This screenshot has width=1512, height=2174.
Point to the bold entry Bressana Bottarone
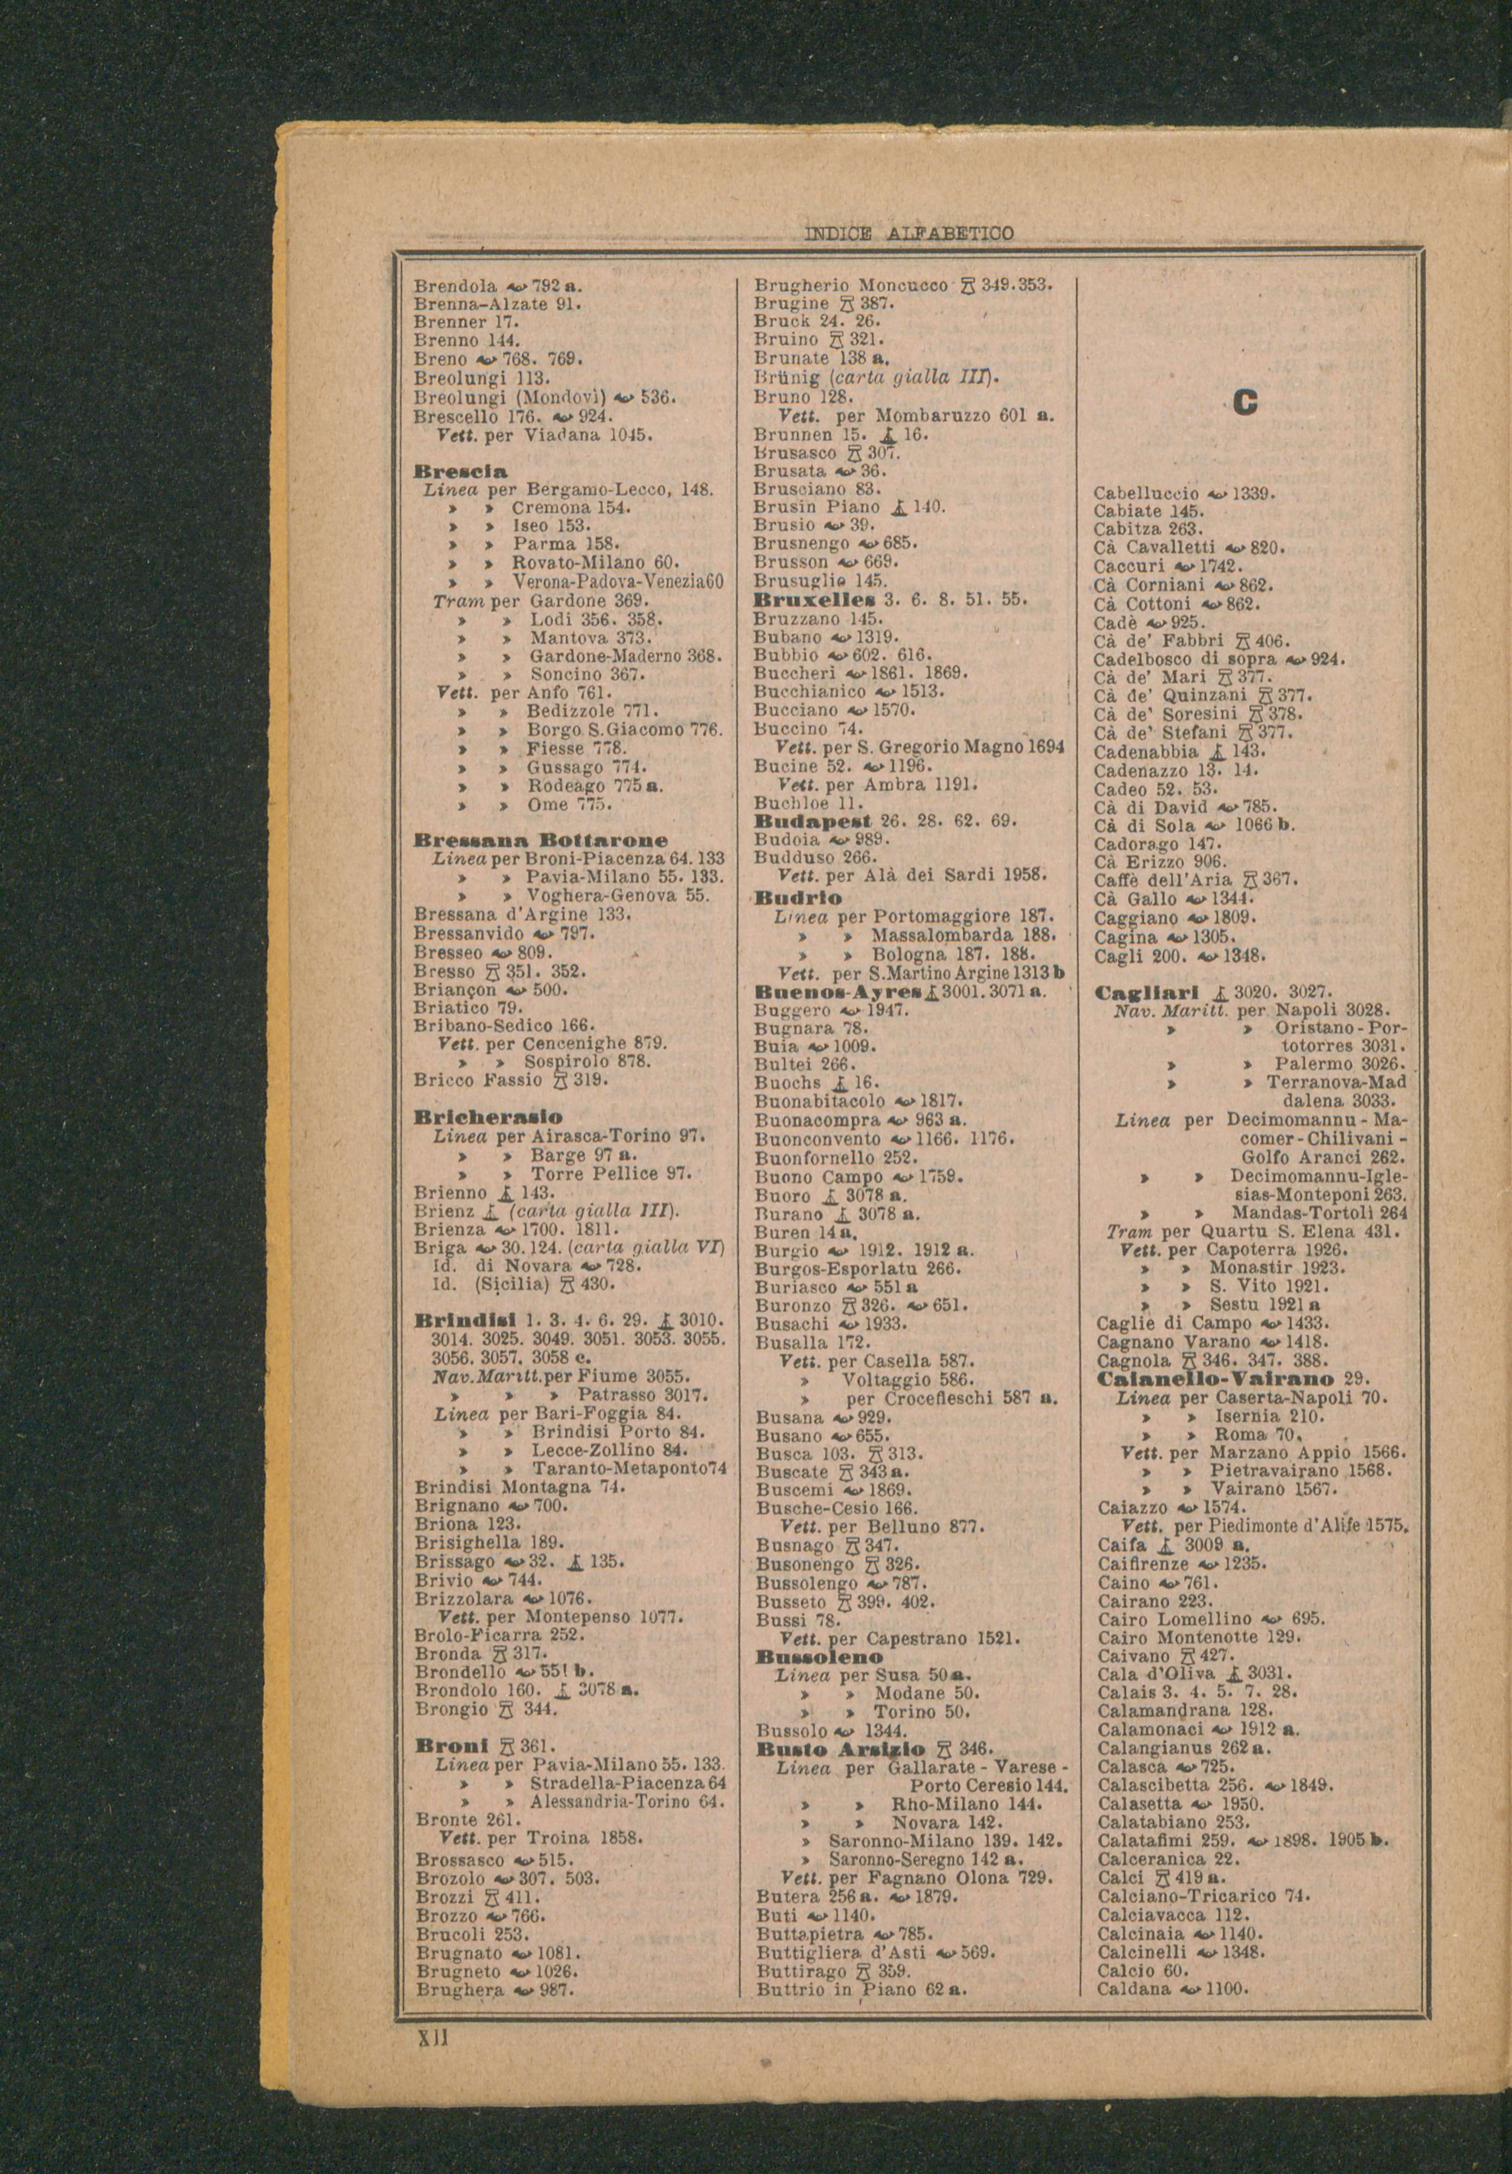coord(541,840)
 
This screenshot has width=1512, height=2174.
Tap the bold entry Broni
coord(451,1745)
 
